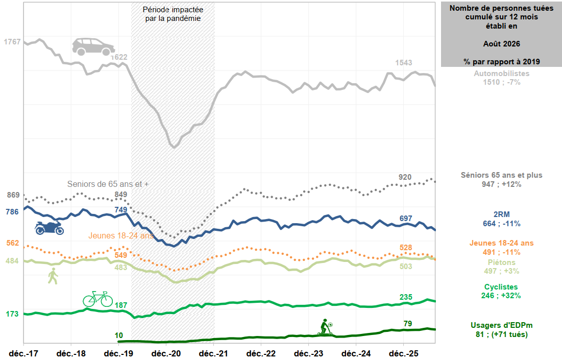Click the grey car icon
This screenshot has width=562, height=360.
pyautogui.click(x=93, y=46)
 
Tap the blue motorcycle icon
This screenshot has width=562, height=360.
pyautogui.click(x=50, y=228)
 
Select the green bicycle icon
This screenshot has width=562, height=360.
pyautogui.click(x=98, y=299)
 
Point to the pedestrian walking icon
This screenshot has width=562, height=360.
pyautogui.click(x=53, y=276)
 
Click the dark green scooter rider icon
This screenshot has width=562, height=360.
pyautogui.click(x=326, y=327)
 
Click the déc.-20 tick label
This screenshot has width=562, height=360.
pyautogui.click(x=166, y=353)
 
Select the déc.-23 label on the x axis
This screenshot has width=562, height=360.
pyautogui.click(x=309, y=353)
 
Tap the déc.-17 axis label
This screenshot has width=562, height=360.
pyautogui.click(x=23, y=353)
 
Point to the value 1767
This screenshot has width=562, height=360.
pyautogui.click(x=12, y=42)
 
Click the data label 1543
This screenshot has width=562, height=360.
pyautogui.click(x=404, y=63)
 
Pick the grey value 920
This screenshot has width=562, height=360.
pyautogui.click(x=405, y=177)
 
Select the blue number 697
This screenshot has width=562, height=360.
pyautogui.click(x=406, y=219)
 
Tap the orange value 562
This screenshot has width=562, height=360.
pyautogui.click(x=13, y=243)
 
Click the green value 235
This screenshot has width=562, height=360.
pyautogui.click(x=406, y=297)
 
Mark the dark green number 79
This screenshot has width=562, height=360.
pyautogui.click(x=408, y=324)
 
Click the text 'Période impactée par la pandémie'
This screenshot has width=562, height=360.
pyautogui.click(x=173, y=14)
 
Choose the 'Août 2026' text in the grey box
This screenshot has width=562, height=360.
pyautogui.click(x=501, y=44)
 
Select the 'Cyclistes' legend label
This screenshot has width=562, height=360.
pyautogui.click(x=501, y=287)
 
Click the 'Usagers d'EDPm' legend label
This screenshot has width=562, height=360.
pyautogui.click(x=501, y=325)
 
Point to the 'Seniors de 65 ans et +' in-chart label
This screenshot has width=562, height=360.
pyautogui.click(x=108, y=184)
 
